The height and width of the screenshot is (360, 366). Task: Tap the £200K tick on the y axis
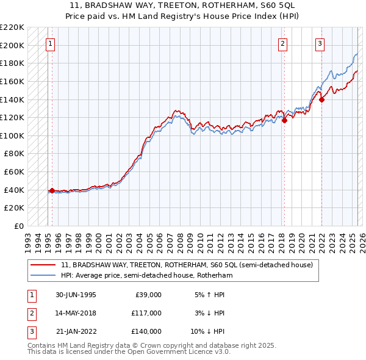[13, 45]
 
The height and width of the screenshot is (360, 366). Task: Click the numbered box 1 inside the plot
[49, 43]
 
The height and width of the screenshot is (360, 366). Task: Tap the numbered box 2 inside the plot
[283, 43]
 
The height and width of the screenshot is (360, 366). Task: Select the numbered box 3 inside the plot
[320, 43]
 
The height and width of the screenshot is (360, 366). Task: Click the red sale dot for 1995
[52, 190]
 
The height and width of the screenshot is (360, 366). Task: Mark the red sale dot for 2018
[284, 120]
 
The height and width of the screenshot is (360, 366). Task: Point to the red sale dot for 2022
[321, 99]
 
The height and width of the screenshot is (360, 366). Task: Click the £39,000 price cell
[147, 295]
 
